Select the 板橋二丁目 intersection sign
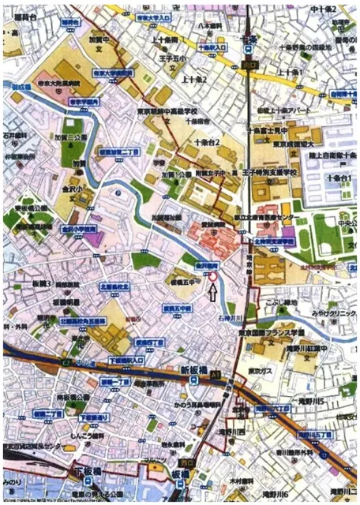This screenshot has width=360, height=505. pos(48,413)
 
